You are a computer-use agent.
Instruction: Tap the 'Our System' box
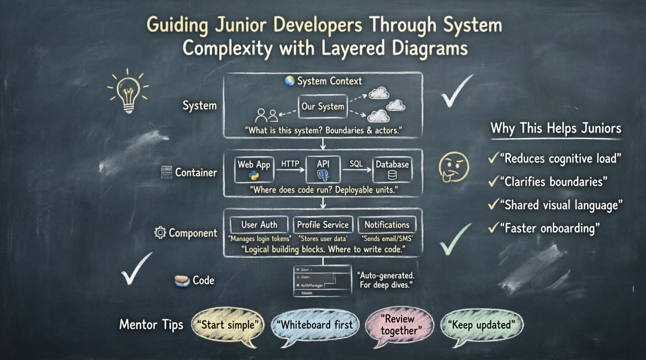(x=323, y=106)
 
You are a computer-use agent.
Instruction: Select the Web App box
(x=254, y=170)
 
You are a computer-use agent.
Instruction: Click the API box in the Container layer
(x=323, y=170)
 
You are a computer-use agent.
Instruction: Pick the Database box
(x=392, y=170)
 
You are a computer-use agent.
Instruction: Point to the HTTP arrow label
(x=290, y=164)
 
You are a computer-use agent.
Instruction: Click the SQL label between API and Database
(x=356, y=164)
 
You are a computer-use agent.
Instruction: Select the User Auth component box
(x=259, y=225)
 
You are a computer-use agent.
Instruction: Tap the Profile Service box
(x=323, y=225)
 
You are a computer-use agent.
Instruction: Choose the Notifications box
(x=387, y=225)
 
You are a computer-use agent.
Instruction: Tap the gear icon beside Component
(x=160, y=233)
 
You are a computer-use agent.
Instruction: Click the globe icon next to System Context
(x=289, y=81)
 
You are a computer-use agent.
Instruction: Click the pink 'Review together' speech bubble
(x=399, y=325)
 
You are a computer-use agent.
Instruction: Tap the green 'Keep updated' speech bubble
(x=482, y=325)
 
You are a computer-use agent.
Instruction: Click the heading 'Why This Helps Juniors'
(x=556, y=128)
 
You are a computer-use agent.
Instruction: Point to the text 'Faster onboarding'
(x=549, y=228)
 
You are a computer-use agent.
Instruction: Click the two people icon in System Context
(x=267, y=115)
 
